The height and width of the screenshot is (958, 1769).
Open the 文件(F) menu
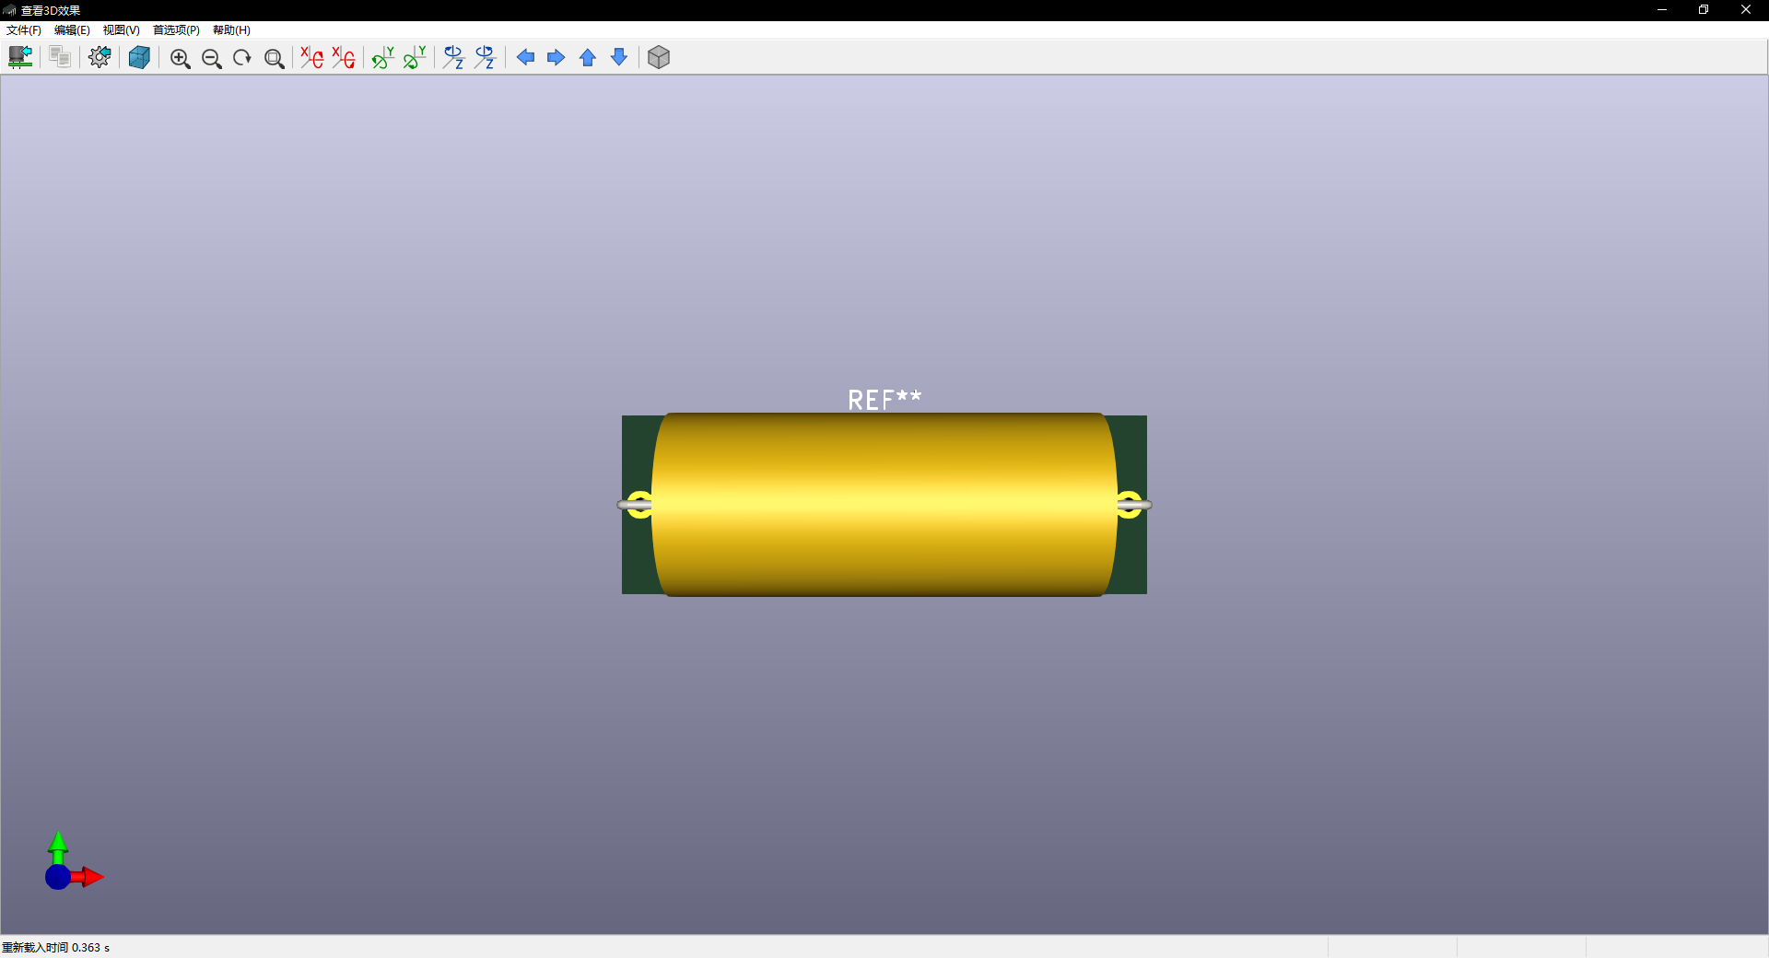pyautogui.click(x=24, y=30)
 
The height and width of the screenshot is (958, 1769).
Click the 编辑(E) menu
pyautogui.click(x=72, y=30)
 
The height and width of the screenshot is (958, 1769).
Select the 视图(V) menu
pyautogui.click(x=121, y=30)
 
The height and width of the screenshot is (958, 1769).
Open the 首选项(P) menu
pyautogui.click(x=176, y=30)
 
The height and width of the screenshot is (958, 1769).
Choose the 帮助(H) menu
pyautogui.click(x=231, y=30)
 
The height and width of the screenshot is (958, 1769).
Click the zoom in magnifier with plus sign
pyautogui.click(x=181, y=58)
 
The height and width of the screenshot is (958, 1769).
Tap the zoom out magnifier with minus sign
pyautogui.click(x=212, y=58)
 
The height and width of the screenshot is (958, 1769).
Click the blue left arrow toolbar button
pyautogui.click(x=525, y=57)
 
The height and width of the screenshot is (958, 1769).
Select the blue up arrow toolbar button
pyautogui.click(x=588, y=58)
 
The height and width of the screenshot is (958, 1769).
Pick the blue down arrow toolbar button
pyautogui.click(x=619, y=57)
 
